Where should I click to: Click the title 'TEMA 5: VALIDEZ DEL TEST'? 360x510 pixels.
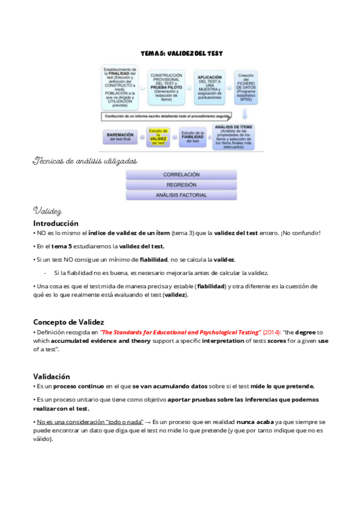pyautogui.click(x=181, y=54)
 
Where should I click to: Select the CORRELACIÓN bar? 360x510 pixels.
pyautogui.click(x=181, y=175)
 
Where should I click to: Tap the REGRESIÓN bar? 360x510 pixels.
pyautogui.click(x=181, y=185)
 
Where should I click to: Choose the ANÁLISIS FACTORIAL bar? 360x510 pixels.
pyautogui.click(x=181, y=195)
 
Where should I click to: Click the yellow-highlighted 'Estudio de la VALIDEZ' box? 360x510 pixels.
pyautogui.click(x=158, y=138)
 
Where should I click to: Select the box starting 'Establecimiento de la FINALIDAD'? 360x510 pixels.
pyautogui.click(x=120, y=88)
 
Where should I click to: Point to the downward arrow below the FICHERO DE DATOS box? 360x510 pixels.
pyautogui.click(x=245, y=115)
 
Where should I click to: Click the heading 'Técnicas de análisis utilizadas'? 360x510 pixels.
pyautogui.click(x=85, y=161)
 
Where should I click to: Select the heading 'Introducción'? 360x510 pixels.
pyautogui.click(x=55, y=223)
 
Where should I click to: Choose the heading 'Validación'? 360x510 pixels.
pyautogui.click(x=52, y=376)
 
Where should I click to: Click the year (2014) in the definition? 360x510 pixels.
pyautogui.click(x=272, y=333)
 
